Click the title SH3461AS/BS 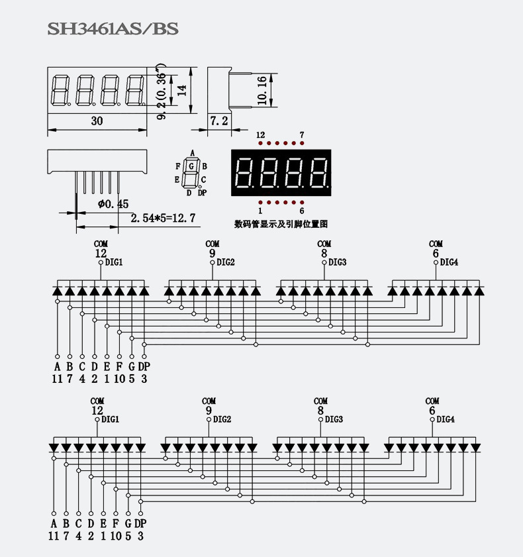113,29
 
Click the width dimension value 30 97,121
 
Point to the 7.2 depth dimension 218,121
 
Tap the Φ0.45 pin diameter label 113,204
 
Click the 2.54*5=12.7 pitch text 163,218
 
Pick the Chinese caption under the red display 281,224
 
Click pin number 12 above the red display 260,135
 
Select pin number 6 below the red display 302,211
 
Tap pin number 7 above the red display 302,135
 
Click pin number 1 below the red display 260,211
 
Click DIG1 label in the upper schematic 113,262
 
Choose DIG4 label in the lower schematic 446,419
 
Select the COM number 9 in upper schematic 212,253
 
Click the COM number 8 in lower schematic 320,411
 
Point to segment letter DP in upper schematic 144,366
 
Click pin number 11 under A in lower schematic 54,536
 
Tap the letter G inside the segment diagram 191,166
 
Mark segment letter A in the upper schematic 57,366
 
